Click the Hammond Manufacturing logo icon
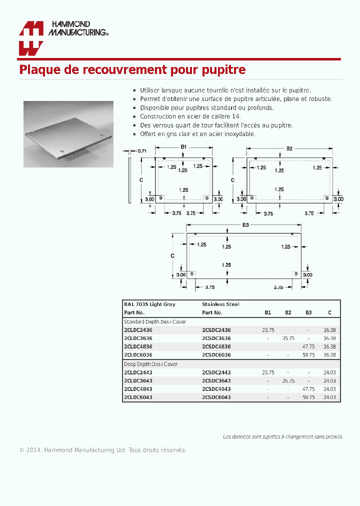tap(31, 38)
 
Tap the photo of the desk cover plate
tap(68, 134)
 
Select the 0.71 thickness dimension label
tap(141, 150)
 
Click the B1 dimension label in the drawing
tap(183, 147)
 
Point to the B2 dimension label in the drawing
tap(289, 148)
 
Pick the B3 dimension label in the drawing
tap(245, 225)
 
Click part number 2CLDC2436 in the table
tap(138, 330)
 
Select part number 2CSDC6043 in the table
tap(216, 397)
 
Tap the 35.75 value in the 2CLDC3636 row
tap(288, 338)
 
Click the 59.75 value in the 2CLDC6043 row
tap(308, 397)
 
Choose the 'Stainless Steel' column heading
tap(220, 304)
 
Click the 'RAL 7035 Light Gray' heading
tap(149, 304)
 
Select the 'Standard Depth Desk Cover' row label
tap(154, 321)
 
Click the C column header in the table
tap(329, 312)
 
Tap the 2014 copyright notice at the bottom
tap(102, 450)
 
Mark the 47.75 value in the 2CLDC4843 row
tap(308, 389)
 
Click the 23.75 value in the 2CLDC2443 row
tap(268, 372)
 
